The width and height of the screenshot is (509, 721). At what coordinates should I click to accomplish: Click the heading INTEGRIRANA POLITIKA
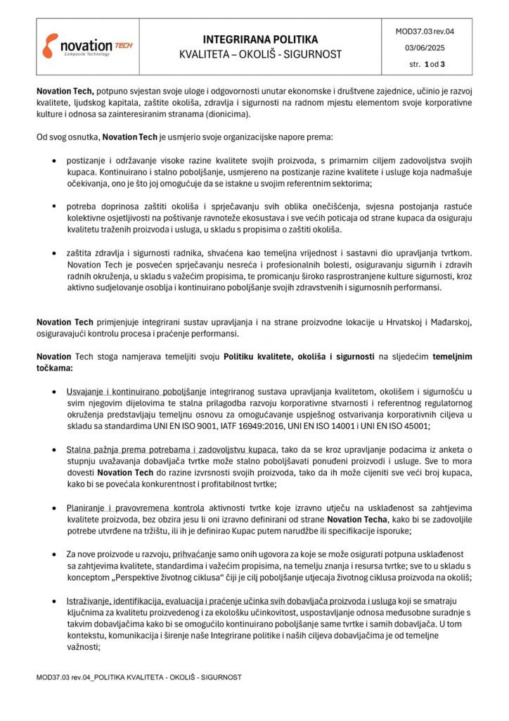[x=260, y=39]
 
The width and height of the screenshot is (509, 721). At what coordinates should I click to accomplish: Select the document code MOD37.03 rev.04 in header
[x=425, y=32]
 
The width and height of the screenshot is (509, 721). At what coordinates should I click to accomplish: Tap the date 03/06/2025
[x=425, y=48]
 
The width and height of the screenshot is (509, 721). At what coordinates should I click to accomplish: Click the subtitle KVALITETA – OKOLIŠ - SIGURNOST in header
[x=260, y=54]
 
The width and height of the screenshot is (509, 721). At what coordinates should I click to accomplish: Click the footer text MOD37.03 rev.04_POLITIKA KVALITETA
[x=139, y=677]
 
